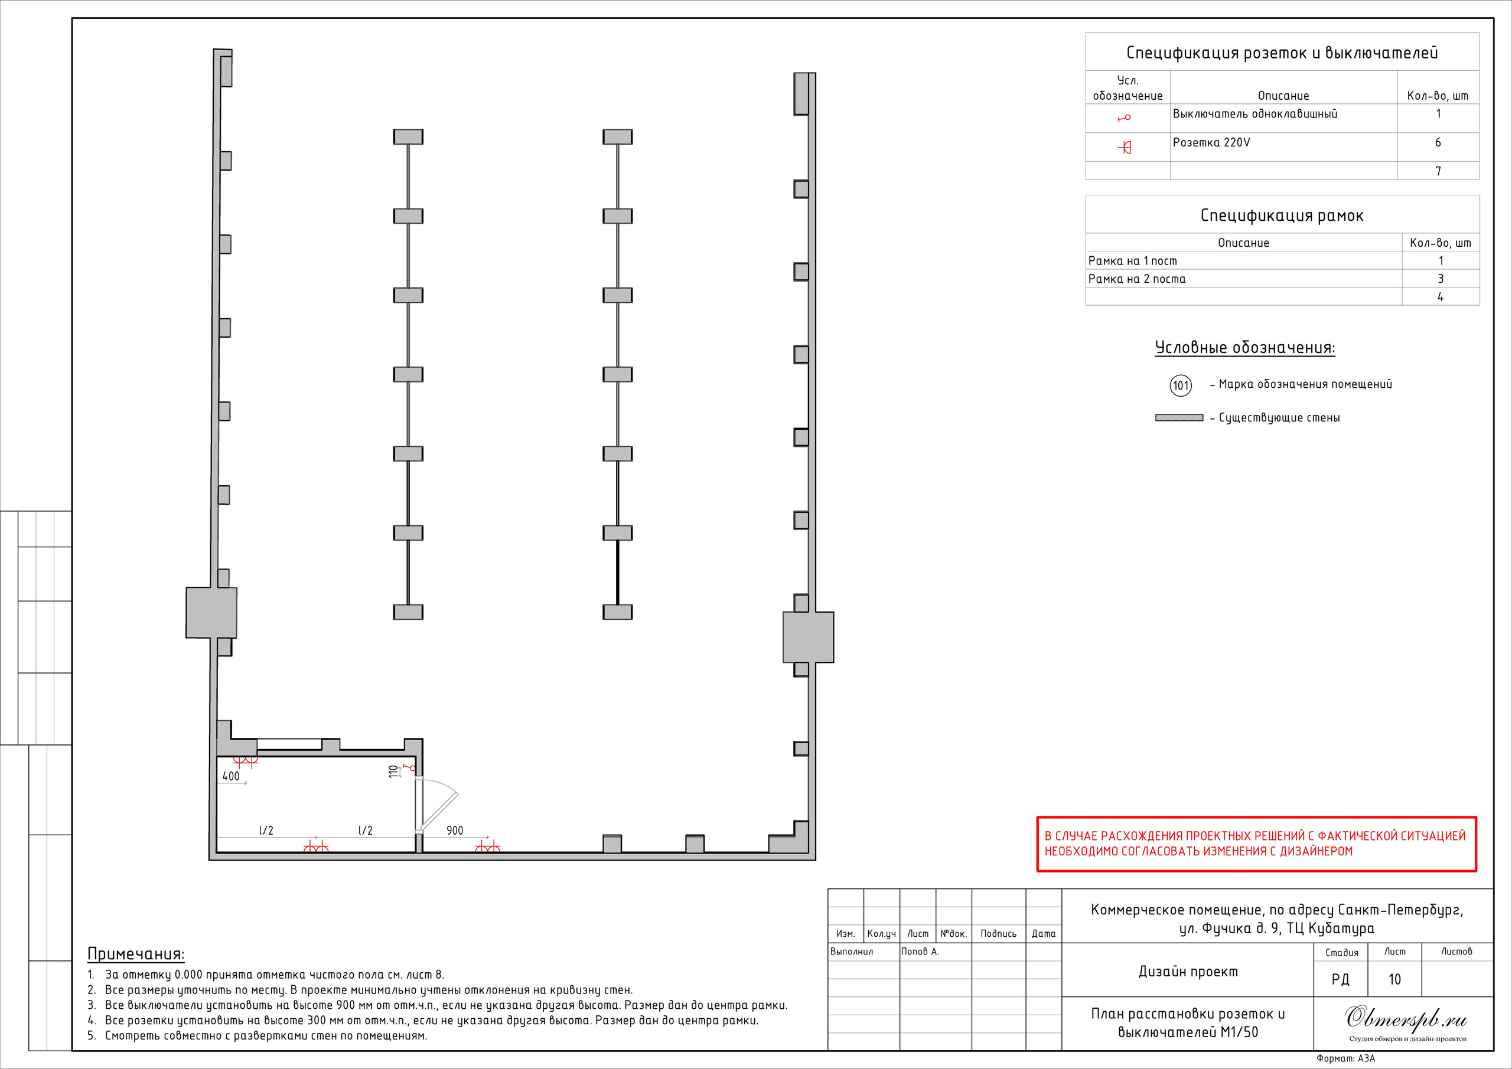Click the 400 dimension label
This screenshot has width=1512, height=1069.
click(x=231, y=776)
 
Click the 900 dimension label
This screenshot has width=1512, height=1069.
click(x=454, y=831)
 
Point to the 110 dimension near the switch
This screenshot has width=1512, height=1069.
click(x=393, y=771)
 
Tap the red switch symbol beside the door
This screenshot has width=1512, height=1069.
click(x=410, y=767)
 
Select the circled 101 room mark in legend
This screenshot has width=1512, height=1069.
click(x=1180, y=385)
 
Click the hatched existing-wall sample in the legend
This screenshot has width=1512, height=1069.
click(x=1179, y=418)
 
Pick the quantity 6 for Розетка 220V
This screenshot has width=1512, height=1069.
click(x=1438, y=143)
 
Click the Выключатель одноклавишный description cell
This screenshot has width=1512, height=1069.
click(x=1254, y=115)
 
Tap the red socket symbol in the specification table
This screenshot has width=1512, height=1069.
click(x=1126, y=148)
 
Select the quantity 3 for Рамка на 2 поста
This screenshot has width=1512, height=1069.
click(x=1440, y=279)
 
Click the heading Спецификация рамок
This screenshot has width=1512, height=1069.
click(x=1282, y=216)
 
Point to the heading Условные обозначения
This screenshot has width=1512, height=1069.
click(x=1244, y=348)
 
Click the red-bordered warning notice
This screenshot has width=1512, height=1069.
click(x=1256, y=844)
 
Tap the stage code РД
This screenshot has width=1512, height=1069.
click(x=1340, y=979)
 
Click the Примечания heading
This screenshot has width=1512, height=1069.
click(x=136, y=954)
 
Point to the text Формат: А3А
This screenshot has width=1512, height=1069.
click(x=1345, y=1058)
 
